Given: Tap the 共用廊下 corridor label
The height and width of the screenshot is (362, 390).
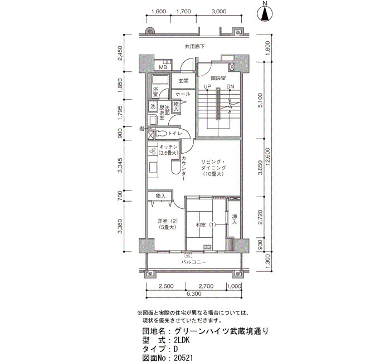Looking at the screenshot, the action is point(195,46).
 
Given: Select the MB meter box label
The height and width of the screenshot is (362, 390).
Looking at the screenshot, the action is point(163,67).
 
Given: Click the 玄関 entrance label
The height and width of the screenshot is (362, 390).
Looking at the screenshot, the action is point(183,81).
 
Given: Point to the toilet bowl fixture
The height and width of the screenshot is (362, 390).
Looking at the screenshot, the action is point(162,134).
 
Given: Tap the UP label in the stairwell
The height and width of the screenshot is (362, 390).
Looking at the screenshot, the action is point(207,86).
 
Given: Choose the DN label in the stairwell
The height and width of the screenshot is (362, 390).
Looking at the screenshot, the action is point(230,86).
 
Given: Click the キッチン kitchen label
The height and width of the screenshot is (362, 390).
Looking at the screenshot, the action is point(169,147).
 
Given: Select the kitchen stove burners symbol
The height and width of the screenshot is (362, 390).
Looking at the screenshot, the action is point(152,151).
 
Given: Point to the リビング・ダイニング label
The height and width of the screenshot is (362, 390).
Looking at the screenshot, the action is point(213,165).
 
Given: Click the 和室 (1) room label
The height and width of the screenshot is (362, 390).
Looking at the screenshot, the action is point(206,225).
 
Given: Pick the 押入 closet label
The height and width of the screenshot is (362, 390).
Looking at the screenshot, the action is point(235,219).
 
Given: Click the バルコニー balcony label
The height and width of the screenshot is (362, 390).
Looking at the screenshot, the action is point(193,262).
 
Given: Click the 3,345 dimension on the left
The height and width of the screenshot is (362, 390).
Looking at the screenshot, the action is point(120,165).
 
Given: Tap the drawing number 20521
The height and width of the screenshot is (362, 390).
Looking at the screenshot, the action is point(183,358).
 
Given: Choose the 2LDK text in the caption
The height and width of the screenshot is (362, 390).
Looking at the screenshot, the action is point(182,340).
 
